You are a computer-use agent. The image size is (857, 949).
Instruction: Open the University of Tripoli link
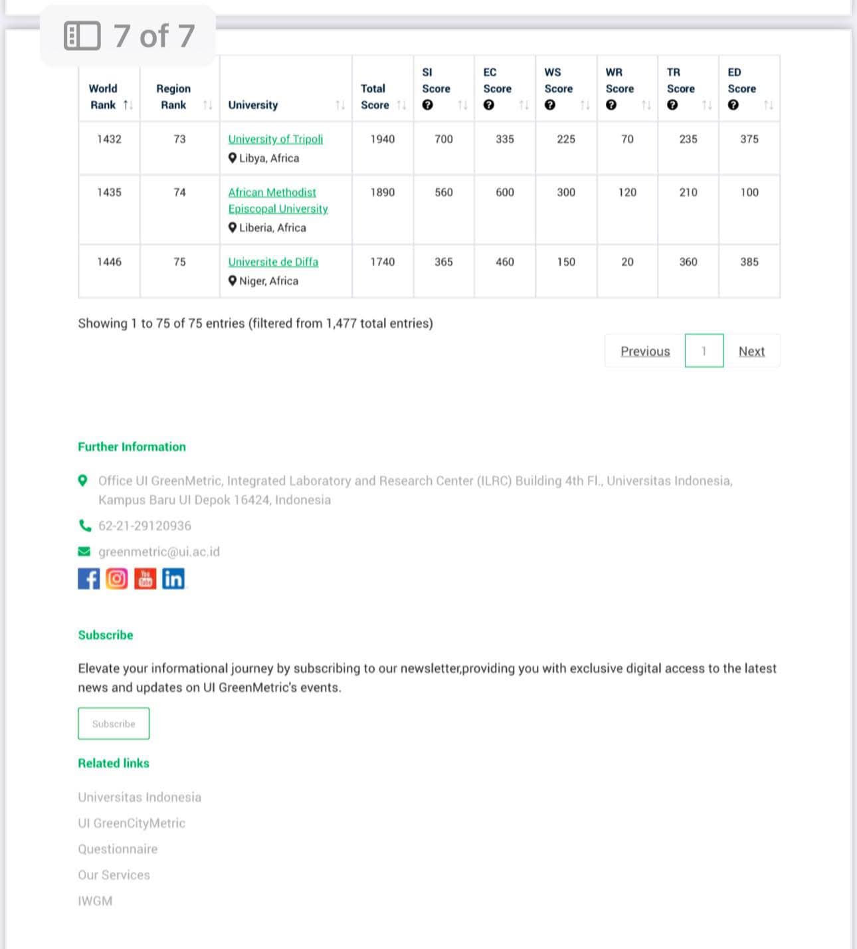coord(275,139)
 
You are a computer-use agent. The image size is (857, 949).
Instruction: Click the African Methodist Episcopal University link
coord(278,200)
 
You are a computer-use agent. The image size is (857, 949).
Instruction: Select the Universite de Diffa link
coord(273,262)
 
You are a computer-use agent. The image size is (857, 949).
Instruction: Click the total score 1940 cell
coord(382,139)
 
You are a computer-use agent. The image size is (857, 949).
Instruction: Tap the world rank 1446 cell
coord(109,262)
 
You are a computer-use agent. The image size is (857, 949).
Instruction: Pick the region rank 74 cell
coord(179,192)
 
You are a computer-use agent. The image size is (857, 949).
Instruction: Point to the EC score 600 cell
coord(504,192)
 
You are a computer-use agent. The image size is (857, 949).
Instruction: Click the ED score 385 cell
coord(749,262)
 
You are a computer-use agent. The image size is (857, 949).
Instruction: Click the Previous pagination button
coord(645,351)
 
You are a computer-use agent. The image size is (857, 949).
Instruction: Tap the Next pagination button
coord(751,351)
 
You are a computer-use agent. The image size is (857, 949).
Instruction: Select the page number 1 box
coord(704,351)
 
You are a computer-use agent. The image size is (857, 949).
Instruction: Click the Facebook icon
coord(88,579)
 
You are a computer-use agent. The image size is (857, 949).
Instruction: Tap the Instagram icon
coord(117,579)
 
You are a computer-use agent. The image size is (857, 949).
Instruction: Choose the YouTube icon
coord(145,579)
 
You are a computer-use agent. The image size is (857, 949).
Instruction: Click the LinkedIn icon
coord(173,579)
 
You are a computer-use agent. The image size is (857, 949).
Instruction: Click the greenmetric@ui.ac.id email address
coord(159,552)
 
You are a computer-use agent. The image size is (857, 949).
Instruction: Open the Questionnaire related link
coord(118,849)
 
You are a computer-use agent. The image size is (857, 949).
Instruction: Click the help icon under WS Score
coord(549,105)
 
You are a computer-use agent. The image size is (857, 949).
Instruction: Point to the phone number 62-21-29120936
coord(144,526)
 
